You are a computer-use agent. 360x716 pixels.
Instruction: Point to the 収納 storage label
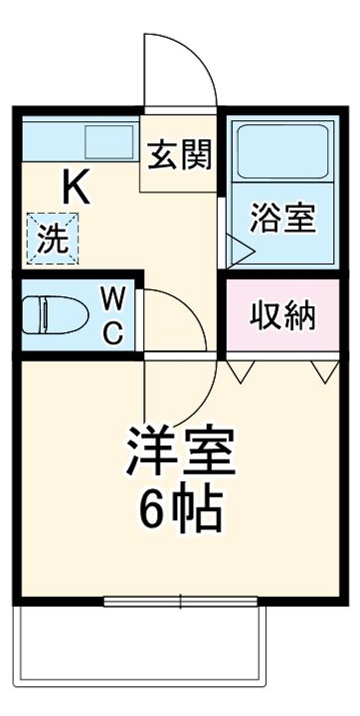tap(281, 315)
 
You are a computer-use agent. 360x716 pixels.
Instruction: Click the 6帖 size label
tap(180, 510)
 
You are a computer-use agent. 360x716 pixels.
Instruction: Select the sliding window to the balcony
tap(181, 600)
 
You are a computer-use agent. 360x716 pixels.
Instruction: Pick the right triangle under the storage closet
tap(321, 371)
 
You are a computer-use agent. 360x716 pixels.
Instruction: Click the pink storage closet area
tap(281, 338)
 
